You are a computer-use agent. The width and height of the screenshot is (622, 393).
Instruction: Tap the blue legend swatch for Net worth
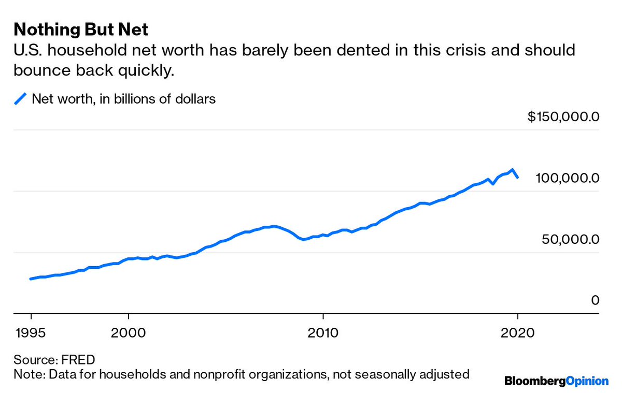click(20, 98)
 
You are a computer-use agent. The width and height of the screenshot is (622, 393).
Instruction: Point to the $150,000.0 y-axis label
click(563, 117)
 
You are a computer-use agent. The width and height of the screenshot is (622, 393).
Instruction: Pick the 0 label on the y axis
click(595, 300)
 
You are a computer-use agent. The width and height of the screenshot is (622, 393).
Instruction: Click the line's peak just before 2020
click(512, 170)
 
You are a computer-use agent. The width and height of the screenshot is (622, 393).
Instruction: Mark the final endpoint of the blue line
click(517, 178)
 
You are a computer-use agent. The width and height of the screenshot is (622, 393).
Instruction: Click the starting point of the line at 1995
click(31, 279)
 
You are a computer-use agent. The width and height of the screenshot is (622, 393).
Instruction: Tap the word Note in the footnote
click(26, 374)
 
